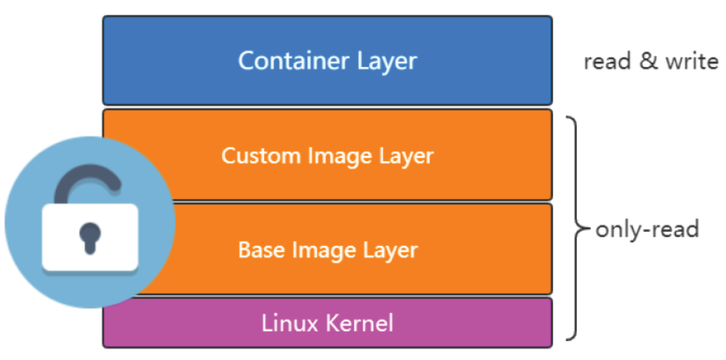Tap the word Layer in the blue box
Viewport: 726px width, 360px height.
point(387,61)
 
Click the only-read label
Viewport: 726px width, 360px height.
point(646,229)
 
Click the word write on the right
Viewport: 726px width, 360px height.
point(691,61)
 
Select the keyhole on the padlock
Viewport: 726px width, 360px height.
point(89,237)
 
